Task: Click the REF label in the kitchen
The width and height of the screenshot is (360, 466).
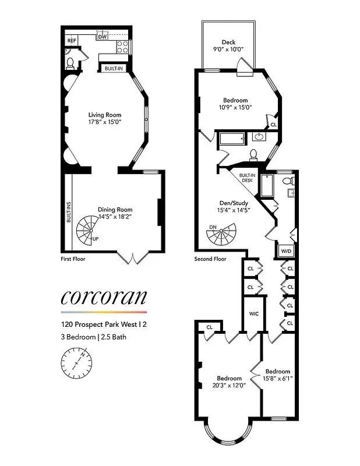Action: coord(72,41)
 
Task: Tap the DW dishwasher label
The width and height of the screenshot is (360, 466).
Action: coord(103,37)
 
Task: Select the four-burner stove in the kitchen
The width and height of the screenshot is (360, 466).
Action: coord(123,47)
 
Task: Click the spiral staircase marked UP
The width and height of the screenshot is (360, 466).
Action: coord(91,228)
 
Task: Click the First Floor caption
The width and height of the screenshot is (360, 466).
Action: coord(73,259)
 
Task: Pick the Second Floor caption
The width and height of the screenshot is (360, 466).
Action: coord(211,259)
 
